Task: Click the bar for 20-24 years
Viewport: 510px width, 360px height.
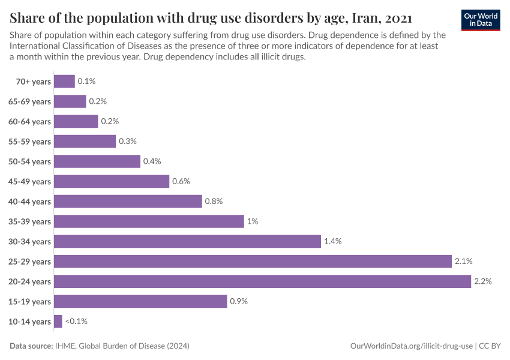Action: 262,281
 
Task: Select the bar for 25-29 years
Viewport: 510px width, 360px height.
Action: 253,262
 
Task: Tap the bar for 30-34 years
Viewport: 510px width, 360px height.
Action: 187,241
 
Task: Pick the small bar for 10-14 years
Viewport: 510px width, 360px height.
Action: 58,322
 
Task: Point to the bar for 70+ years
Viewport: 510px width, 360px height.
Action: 64,81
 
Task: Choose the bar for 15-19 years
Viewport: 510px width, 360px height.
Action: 140,301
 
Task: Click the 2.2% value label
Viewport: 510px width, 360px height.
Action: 483,281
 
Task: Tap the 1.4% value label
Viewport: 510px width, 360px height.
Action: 332,241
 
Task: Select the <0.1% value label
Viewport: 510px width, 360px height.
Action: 76,322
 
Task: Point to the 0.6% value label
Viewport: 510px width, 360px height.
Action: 181,181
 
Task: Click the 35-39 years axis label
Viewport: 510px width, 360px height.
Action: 30,221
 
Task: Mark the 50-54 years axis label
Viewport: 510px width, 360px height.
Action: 30,161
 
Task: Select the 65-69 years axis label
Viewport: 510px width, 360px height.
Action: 30,101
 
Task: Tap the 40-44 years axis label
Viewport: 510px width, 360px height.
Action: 30,202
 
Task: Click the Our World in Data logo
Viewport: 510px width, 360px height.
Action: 481,19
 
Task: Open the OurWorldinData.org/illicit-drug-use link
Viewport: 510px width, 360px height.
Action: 411,346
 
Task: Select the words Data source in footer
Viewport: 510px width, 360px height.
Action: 31,346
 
